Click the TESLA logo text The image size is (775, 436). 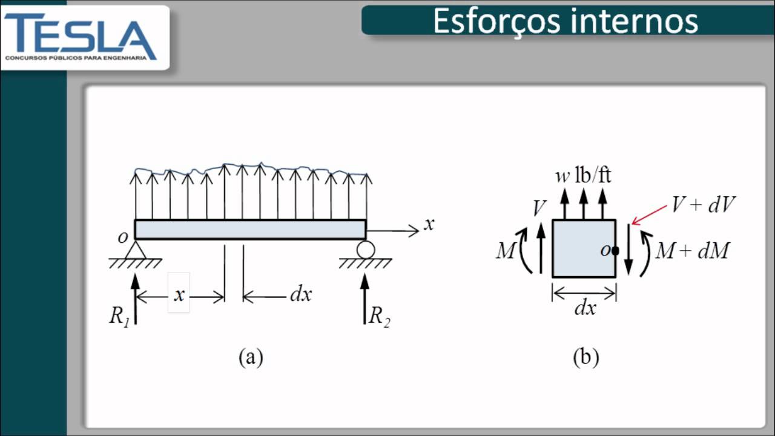[x=81, y=37]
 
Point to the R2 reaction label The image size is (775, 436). [x=380, y=316]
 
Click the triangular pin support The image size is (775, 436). [x=135, y=250]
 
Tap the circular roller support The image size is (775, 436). [x=366, y=249]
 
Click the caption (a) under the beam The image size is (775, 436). [x=251, y=357]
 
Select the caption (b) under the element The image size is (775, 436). [x=585, y=357]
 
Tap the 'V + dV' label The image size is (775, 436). [x=703, y=204]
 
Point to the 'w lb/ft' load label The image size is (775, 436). [x=583, y=175]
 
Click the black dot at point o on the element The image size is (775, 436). [x=615, y=251]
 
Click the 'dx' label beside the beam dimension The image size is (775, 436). [x=301, y=294]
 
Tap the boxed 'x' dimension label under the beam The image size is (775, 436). [x=179, y=294]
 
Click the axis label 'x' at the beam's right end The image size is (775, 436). [x=429, y=224]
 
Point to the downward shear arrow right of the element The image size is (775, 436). [x=628, y=250]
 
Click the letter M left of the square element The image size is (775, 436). [x=506, y=250]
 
